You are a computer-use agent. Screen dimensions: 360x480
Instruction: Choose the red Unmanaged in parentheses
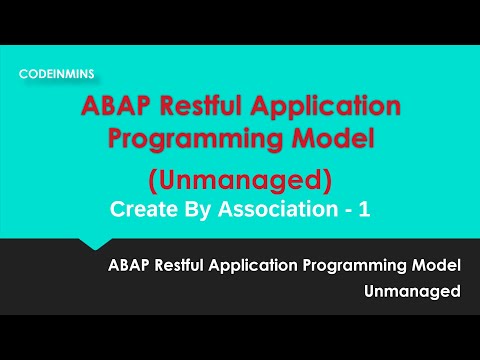[239, 181]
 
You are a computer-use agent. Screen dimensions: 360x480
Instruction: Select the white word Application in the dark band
[262, 266]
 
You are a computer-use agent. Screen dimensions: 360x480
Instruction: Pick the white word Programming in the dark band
[358, 266]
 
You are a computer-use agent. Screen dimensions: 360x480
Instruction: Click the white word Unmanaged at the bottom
[413, 291]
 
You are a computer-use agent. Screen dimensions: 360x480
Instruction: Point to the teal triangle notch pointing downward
[94, 244]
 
